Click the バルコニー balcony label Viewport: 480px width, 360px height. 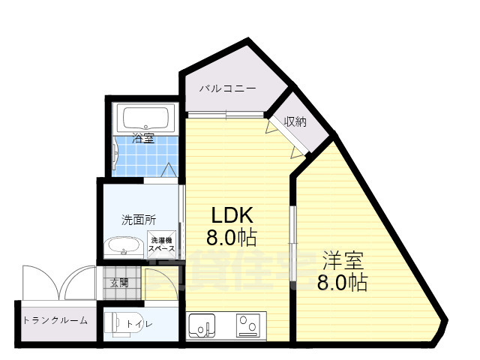[227, 88]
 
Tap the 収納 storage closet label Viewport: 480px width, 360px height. [295, 122]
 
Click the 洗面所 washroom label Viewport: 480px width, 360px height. [139, 220]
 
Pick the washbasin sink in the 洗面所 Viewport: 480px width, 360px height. [123, 246]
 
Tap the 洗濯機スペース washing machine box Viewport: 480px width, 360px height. [161, 243]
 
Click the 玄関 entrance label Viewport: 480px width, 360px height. [119, 283]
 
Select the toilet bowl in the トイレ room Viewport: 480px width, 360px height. [120, 323]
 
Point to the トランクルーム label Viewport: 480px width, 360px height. [55, 320]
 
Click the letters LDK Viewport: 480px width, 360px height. [232, 215]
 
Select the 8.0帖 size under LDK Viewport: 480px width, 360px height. [232, 238]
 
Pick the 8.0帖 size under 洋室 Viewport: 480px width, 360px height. [342, 283]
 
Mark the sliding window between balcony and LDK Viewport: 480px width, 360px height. [225, 114]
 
